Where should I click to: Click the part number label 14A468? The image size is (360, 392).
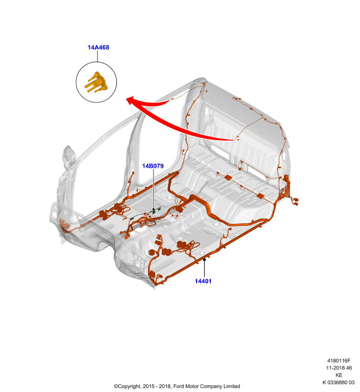tap(98, 48)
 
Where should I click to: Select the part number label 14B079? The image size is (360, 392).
tap(153, 166)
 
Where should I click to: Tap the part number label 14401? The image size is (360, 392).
tap(203, 281)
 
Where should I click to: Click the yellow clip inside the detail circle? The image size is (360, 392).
tap(96, 82)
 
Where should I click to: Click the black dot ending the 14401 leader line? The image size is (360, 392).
tap(205, 260)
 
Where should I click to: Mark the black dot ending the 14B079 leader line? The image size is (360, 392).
tap(154, 210)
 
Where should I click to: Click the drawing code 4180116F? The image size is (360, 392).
tap(339, 361)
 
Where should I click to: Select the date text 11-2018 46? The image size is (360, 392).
tap(339, 368)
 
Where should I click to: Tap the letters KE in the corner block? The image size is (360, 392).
tap(339, 375)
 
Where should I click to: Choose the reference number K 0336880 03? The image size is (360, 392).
tap(338, 383)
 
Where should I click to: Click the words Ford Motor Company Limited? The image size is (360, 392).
tap(206, 386)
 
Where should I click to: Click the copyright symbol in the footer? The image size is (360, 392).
tap(116, 386)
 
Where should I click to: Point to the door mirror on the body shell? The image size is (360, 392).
tap(69, 156)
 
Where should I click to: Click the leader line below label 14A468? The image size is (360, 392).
tap(97, 56)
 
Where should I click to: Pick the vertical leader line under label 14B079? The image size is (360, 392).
tap(154, 189)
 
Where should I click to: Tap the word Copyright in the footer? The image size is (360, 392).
tap(129, 387)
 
